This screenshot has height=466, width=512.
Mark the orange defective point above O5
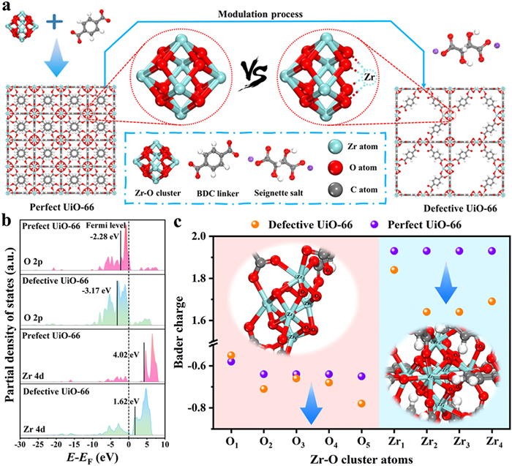[361, 403]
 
